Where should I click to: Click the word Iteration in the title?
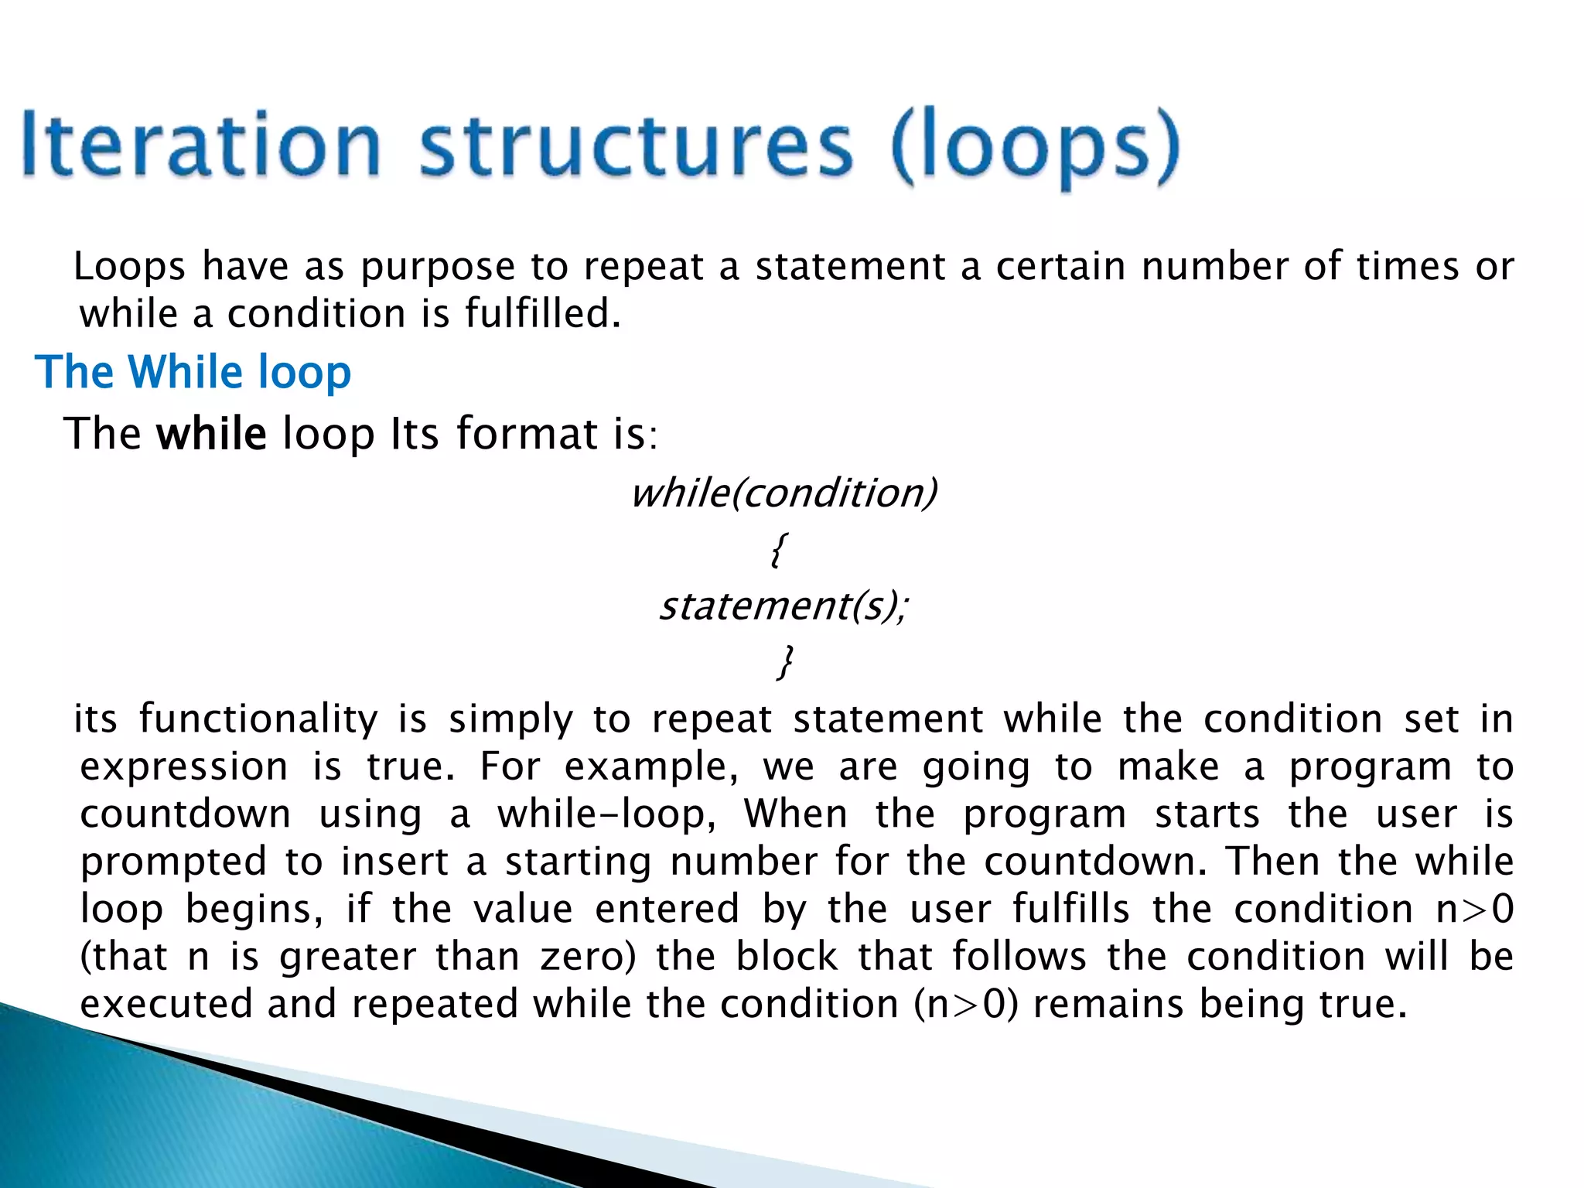[201, 145]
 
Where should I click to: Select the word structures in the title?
[636, 145]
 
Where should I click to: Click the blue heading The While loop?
[193, 372]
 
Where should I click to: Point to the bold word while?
[211, 433]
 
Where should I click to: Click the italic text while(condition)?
[783, 493]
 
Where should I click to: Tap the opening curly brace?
[779, 550]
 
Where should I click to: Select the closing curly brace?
[784, 662]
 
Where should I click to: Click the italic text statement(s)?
[783, 606]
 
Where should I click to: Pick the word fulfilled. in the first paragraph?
[542, 314]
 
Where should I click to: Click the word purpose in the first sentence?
[438, 267]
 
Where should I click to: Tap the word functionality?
[258, 719]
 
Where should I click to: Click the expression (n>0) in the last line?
[966, 1004]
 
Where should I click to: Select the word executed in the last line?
[166, 1004]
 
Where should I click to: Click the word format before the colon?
[526, 433]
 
